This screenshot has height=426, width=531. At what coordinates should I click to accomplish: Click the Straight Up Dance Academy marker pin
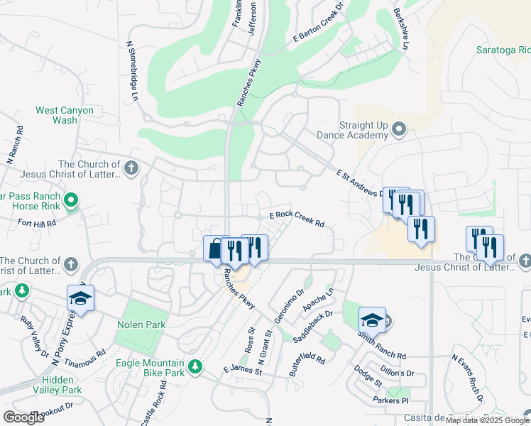(399, 129)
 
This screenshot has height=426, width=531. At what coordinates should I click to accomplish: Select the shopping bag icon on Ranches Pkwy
(215, 248)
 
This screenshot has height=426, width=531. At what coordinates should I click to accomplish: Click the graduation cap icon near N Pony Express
(80, 298)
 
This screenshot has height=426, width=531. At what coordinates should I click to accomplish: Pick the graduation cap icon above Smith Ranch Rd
(372, 319)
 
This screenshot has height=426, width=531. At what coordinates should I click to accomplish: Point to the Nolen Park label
(141, 324)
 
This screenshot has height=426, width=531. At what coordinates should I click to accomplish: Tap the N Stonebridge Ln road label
(131, 69)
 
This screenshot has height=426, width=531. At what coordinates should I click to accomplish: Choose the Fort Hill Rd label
(37, 223)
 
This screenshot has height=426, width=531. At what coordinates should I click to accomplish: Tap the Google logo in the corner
(23, 417)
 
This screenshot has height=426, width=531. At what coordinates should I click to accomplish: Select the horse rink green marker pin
(70, 201)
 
